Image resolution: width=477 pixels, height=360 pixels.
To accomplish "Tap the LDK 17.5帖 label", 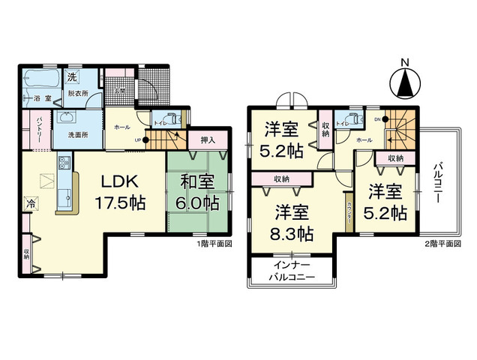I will (118, 192).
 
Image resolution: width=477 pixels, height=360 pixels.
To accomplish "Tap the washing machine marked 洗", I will (72, 78).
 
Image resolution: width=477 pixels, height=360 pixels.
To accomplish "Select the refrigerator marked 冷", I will (31, 202).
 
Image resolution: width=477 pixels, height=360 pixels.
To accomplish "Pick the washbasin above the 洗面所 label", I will (65, 118).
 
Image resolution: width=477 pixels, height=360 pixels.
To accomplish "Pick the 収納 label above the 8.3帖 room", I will (282, 178).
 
